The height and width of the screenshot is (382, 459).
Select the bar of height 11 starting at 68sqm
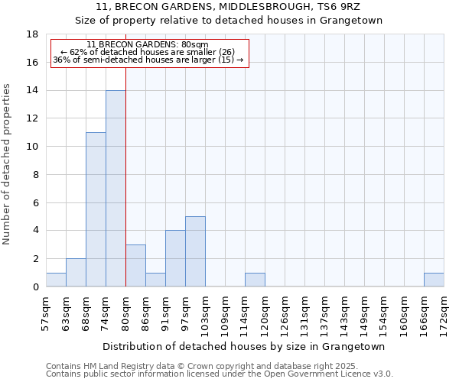coord(96,209)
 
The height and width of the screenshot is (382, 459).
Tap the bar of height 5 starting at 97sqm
coord(195,251)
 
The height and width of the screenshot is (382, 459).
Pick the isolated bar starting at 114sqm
coord(255,280)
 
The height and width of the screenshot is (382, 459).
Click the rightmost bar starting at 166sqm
coord(434,280)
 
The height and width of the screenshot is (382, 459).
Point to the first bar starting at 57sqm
coord(56,280)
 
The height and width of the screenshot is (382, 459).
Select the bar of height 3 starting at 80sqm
coord(135,265)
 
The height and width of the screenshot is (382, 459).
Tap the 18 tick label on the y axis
coord(32,34)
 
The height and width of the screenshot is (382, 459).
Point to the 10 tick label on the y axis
coord(32,147)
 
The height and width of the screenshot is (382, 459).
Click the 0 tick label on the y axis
coord(35,286)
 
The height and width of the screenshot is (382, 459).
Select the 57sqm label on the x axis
coord(46,314)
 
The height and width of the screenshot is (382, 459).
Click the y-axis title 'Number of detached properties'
coord(8,164)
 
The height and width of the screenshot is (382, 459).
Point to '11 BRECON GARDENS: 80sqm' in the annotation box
coord(147,45)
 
